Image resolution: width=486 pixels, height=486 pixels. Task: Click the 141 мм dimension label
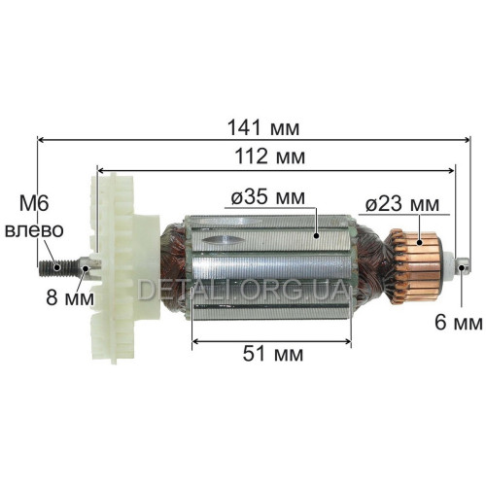[263, 127]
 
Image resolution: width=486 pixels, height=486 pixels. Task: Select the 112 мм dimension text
[269, 156]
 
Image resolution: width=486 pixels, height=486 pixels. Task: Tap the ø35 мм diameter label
[268, 196]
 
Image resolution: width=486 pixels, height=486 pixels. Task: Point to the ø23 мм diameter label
[402, 204]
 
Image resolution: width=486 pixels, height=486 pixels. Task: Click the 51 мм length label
[273, 354]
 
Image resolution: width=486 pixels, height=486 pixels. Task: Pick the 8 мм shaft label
[70, 297]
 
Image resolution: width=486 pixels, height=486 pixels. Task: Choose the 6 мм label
[458, 323]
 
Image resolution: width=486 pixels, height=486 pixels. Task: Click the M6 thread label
[34, 204]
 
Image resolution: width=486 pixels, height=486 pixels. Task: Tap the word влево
[34, 230]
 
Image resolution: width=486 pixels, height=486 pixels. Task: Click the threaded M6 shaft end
[58, 267]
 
